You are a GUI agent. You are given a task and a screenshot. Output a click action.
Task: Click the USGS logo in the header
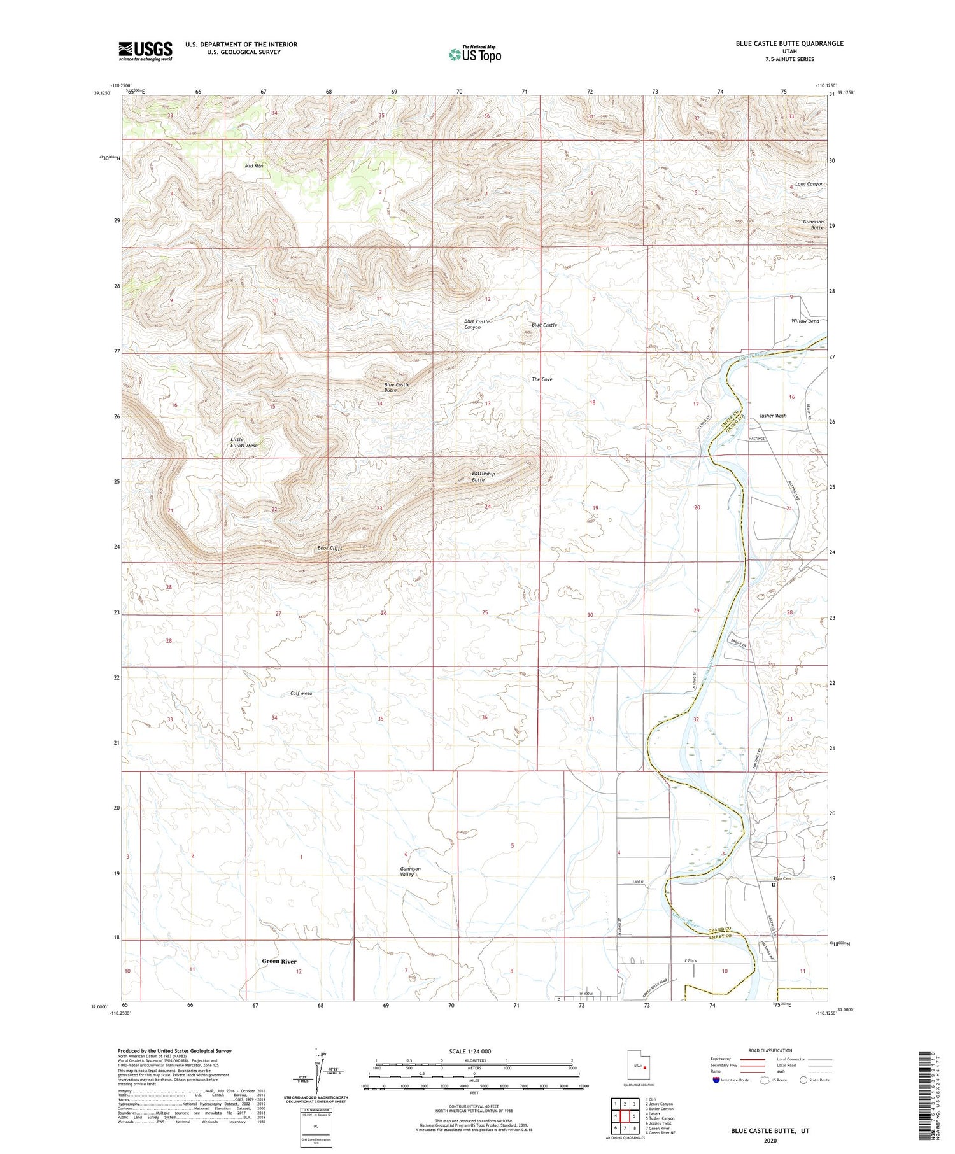(x=145, y=51)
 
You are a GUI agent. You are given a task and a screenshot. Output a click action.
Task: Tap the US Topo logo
(x=474, y=55)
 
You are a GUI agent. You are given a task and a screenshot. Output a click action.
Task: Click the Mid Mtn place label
(x=254, y=166)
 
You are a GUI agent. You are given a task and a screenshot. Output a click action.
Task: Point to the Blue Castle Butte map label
(x=397, y=387)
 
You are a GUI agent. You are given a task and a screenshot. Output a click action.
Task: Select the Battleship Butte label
(x=483, y=476)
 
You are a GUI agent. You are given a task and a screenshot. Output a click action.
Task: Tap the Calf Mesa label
(x=301, y=693)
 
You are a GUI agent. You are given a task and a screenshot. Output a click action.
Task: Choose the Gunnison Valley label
(x=410, y=871)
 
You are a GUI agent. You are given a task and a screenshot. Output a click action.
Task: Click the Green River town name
(x=279, y=961)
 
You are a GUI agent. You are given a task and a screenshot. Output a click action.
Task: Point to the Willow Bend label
(x=805, y=321)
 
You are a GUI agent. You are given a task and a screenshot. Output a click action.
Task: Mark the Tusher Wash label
(x=772, y=416)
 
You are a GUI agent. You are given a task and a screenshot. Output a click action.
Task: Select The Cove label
(x=542, y=379)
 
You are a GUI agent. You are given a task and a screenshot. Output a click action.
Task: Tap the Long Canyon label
(x=809, y=184)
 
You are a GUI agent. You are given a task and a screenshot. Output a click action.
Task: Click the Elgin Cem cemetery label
(x=782, y=878)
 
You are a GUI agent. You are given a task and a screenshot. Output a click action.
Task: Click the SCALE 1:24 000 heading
(x=474, y=1051)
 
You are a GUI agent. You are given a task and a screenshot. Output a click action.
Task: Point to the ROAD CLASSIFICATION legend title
(x=770, y=1050)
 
